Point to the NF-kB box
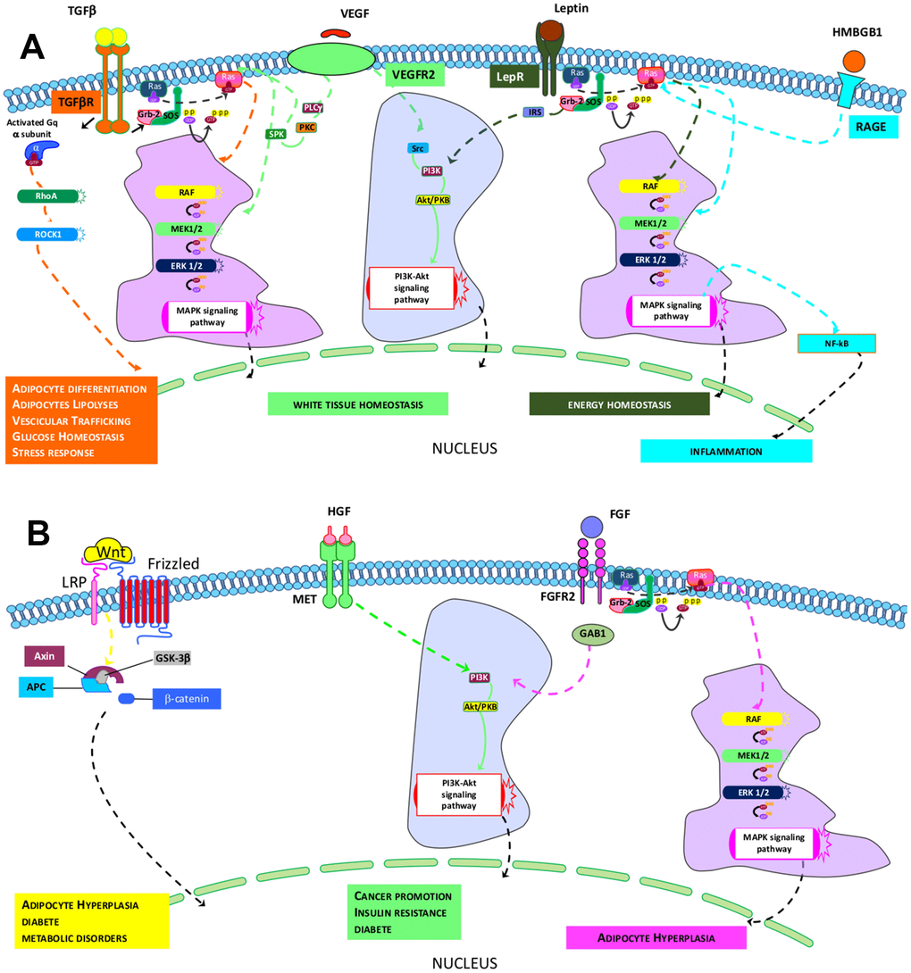click(x=838, y=343)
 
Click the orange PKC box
click(x=307, y=128)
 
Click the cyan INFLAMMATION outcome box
click(x=725, y=451)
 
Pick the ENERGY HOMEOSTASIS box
click(x=619, y=403)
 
